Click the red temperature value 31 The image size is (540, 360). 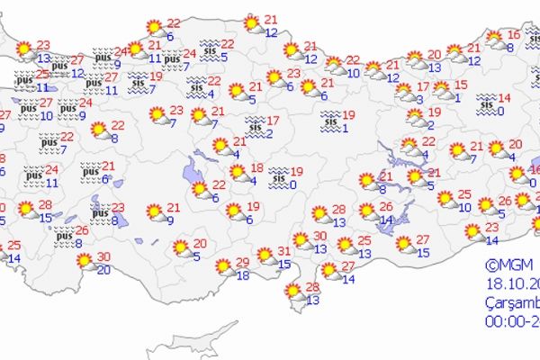point(283,251)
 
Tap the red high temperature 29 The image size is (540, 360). point(242,262)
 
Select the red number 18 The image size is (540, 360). point(256,168)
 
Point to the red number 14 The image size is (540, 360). point(504,97)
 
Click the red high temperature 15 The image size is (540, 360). point(461,85)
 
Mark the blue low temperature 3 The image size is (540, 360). point(420,99)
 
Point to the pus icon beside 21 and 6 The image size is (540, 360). point(90,169)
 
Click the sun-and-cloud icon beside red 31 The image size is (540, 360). point(264,256)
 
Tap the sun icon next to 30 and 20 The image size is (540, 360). point(85,262)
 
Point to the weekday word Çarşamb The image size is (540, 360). point(508,298)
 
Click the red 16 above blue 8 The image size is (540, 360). point(513,35)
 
